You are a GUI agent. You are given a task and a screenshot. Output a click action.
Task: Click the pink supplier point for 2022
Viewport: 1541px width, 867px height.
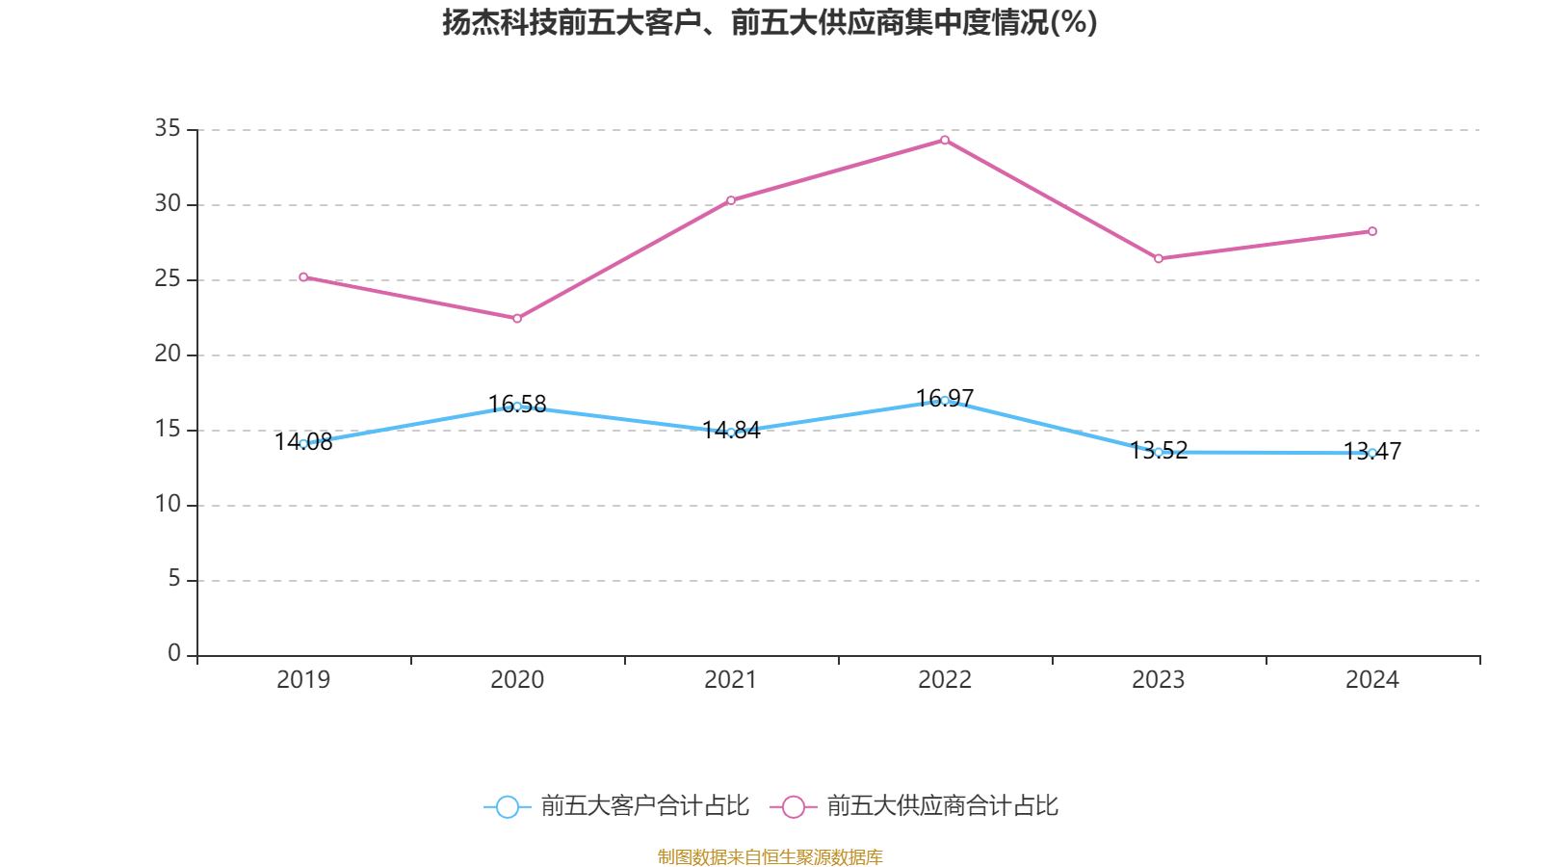point(945,140)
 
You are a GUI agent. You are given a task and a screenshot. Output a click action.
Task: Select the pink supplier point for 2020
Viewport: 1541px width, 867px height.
point(517,318)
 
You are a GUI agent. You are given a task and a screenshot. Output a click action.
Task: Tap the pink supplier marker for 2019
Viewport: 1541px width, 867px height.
point(303,276)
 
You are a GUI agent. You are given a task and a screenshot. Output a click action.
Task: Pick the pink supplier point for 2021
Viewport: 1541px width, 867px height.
point(731,200)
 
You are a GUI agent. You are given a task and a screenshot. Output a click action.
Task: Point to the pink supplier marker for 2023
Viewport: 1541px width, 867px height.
point(1159,258)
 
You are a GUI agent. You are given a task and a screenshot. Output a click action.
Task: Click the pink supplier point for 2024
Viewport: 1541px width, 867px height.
point(1372,231)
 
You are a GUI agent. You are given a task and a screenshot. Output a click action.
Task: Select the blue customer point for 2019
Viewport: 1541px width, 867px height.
point(303,444)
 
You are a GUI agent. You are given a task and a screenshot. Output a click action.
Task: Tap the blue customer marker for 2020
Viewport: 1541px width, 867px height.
point(517,407)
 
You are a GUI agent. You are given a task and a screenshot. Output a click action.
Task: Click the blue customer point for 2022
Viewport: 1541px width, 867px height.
point(945,400)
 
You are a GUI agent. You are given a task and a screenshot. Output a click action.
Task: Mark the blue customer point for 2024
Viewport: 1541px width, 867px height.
point(1372,453)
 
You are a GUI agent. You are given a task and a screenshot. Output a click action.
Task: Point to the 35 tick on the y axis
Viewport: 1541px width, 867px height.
point(168,128)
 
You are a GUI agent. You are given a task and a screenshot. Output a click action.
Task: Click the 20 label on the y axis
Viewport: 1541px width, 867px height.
point(168,354)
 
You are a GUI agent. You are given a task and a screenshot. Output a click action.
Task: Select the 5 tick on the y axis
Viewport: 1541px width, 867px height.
point(174,579)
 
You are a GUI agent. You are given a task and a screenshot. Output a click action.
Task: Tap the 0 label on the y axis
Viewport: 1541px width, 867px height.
point(174,654)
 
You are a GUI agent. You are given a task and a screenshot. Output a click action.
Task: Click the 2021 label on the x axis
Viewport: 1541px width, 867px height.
point(731,680)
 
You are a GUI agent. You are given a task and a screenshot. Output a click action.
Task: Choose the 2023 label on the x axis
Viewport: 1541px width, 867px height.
point(1159,680)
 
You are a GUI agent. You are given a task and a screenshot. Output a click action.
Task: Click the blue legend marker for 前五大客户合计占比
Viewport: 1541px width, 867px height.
point(508,806)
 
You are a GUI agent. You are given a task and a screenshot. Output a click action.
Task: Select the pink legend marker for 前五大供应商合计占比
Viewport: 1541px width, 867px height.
point(794,806)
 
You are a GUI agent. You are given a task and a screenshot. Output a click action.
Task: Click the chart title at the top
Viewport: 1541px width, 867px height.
point(770,22)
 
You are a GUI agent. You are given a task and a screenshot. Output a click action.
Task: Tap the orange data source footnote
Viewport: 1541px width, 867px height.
point(770,856)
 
